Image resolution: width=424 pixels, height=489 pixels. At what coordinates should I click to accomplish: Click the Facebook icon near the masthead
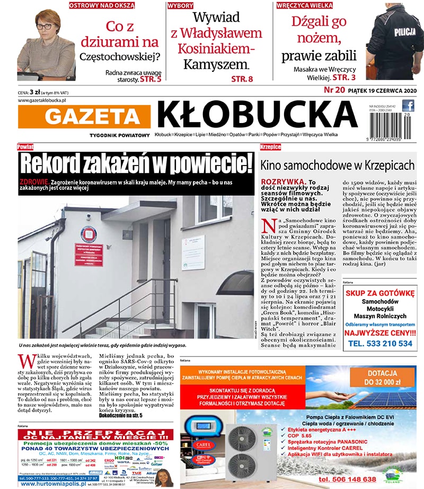coord(408,106)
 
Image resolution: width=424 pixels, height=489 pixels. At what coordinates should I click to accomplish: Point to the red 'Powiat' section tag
coord(25,146)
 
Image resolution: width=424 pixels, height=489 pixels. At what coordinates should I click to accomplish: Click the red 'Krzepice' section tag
coord(270,146)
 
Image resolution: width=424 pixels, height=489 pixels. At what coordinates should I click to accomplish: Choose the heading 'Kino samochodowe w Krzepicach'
coord(337,165)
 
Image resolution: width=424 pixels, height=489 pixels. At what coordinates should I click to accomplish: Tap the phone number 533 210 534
coord(380,343)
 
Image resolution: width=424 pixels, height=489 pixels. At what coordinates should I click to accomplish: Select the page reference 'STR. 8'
coord(242,79)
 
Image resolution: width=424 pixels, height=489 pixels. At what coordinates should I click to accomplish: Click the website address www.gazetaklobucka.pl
coord(42,100)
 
